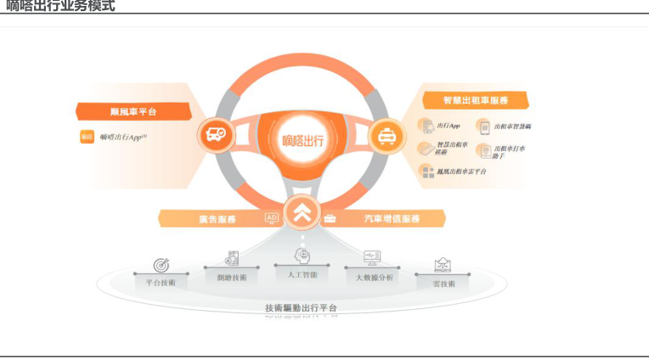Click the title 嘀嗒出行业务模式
pos(59,7)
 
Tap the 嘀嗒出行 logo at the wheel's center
pos(303,136)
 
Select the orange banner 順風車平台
pos(133,111)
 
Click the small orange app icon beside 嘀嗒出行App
pos(87,137)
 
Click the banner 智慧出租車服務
pos(475,100)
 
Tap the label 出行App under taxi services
pos(449,126)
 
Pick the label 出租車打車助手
pos(509,153)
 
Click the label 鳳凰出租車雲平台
pos(461,172)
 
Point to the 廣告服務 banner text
pos(217,219)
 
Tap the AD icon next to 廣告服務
pos(272,218)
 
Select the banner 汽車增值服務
pos(392,219)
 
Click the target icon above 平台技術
pos(161,265)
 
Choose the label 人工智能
pos(302,275)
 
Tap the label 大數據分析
pos(374,278)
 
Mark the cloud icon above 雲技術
pos(443,265)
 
